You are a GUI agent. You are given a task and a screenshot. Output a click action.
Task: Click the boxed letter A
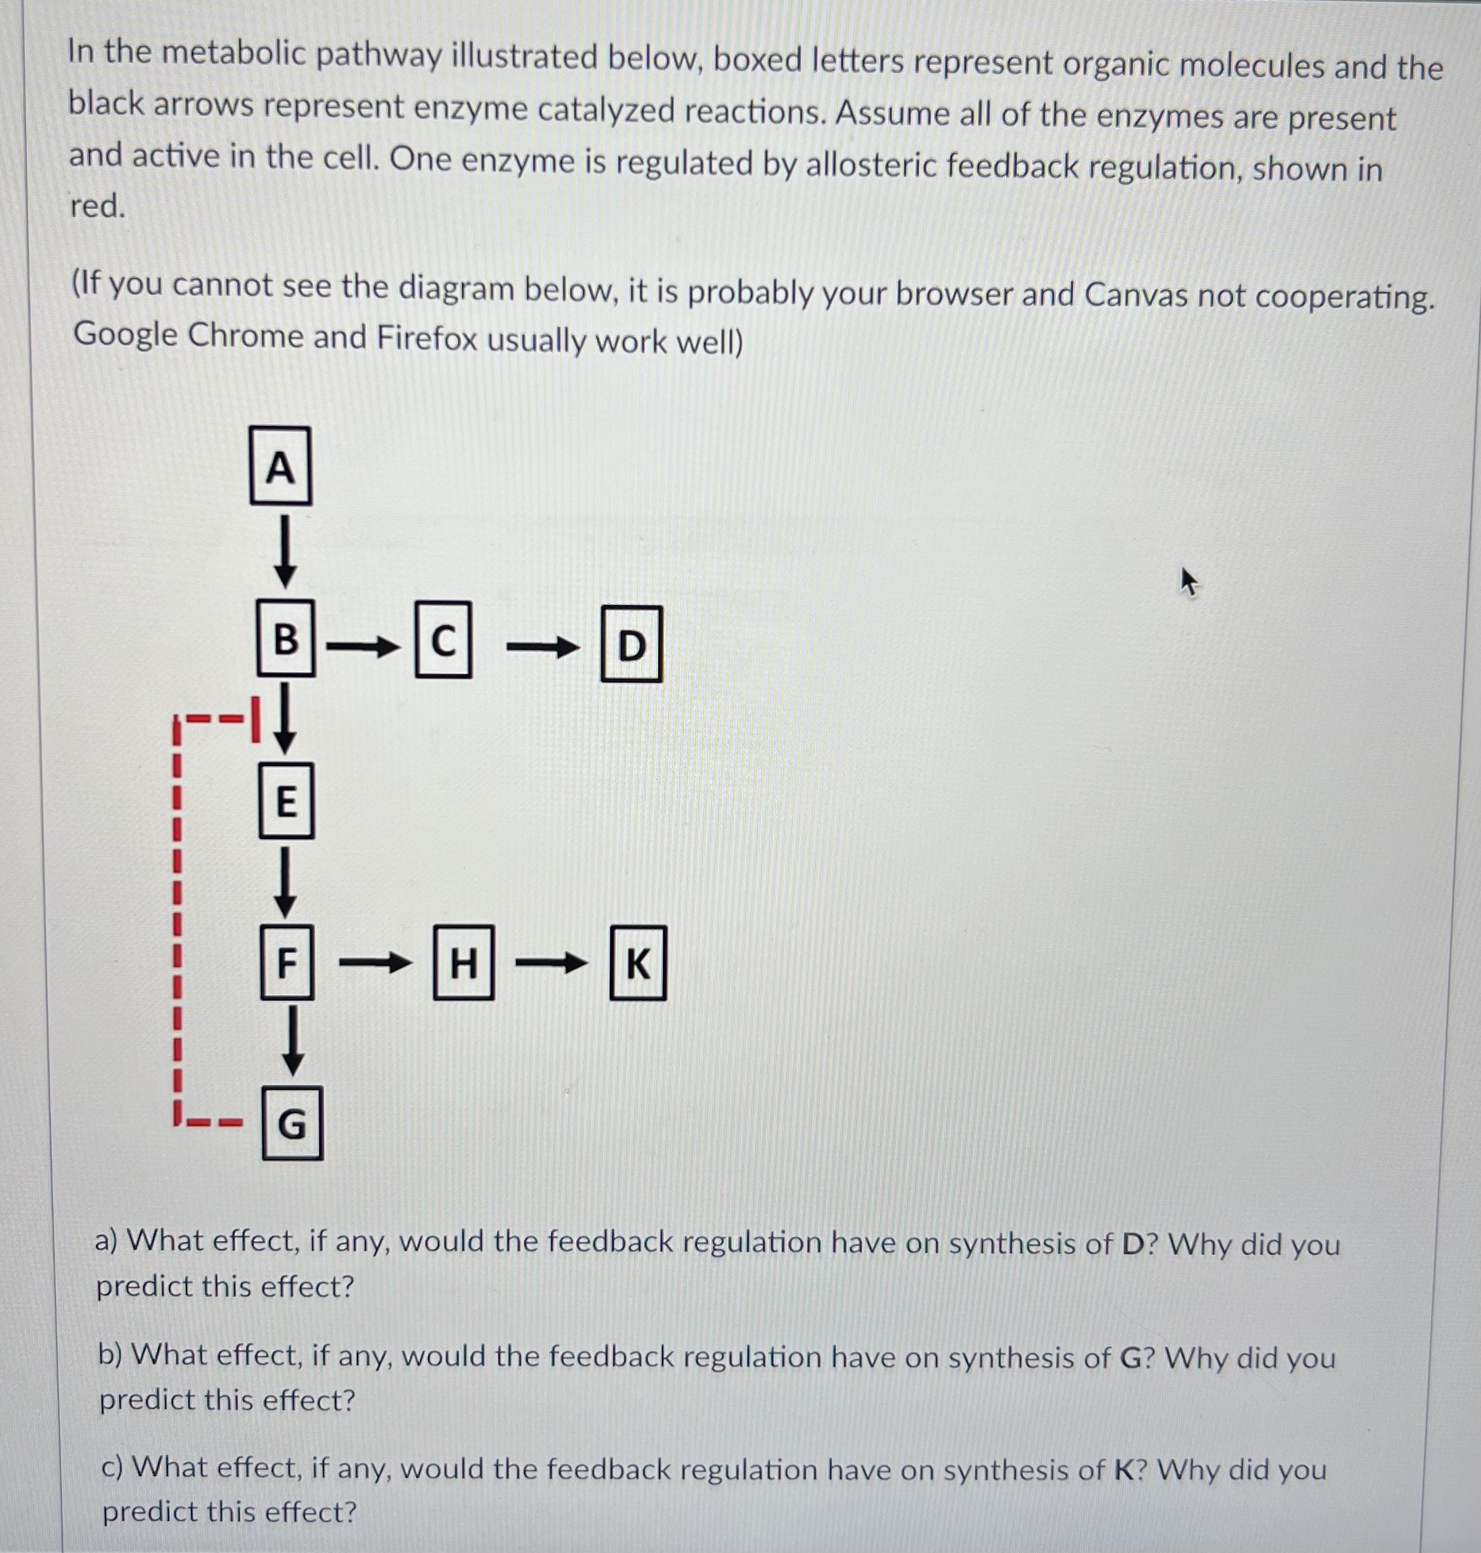[x=280, y=466]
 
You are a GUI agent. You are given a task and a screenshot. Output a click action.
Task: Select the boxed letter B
[x=285, y=637]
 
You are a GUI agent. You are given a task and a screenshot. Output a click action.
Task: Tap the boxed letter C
[x=444, y=640]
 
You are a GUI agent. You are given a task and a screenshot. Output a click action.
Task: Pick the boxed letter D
[x=631, y=644]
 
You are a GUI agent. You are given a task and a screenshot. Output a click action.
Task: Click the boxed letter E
[x=286, y=800]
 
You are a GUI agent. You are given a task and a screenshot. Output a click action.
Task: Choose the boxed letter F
[x=286, y=963]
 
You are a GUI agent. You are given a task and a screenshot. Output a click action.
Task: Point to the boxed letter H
[x=463, y=963]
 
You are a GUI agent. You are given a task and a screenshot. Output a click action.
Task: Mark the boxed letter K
[x=638, y=963]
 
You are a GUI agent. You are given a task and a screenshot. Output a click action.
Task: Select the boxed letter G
[x=292, y=1123]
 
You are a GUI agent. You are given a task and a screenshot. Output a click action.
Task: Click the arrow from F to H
[x=375, y=963]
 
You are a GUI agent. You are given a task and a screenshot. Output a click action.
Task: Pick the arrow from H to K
[x=551, y=963]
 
